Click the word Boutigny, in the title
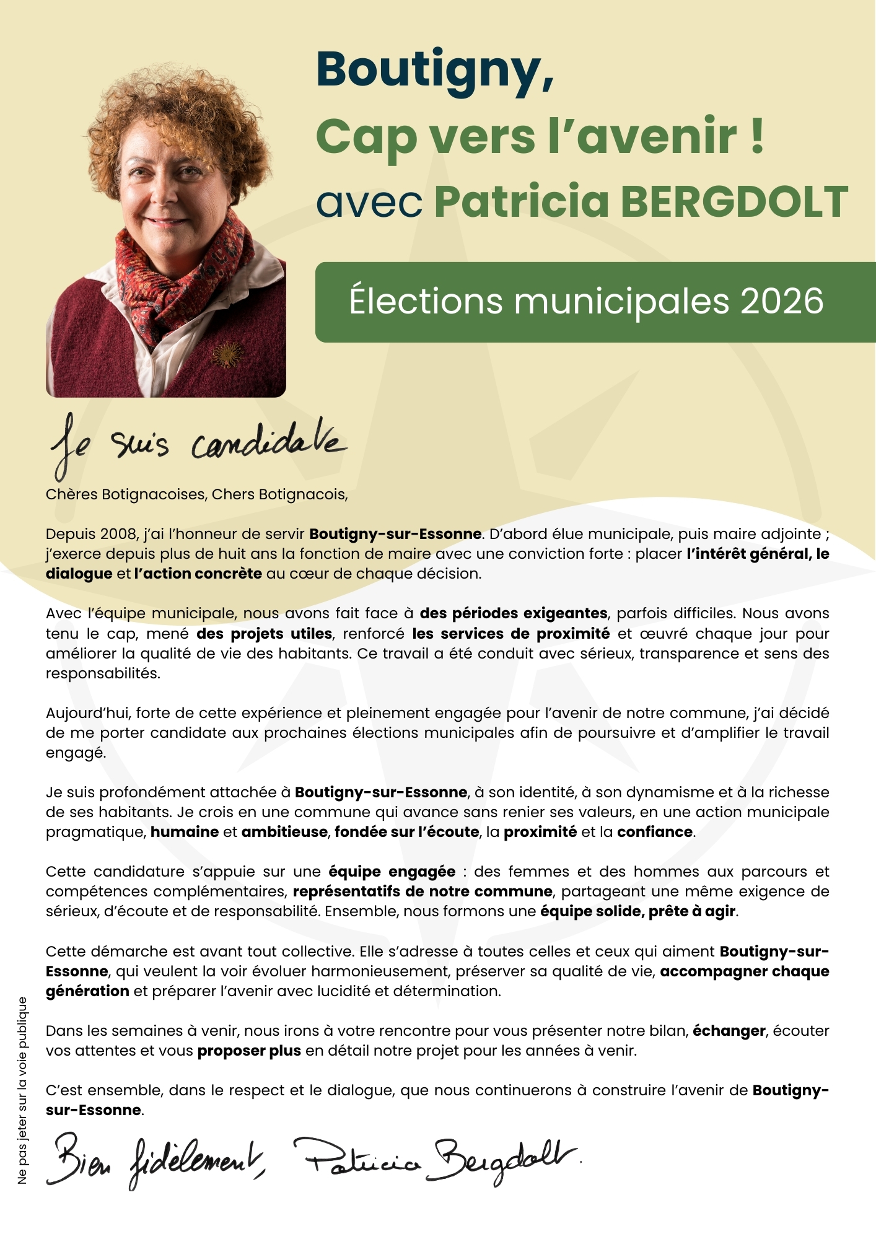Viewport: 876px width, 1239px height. [x=434, y=71]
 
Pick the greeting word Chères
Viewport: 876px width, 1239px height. [x=71, y=494]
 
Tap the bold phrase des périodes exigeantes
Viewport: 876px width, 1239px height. [x=514, y=613]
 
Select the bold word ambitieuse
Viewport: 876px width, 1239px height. [x=284, y=832]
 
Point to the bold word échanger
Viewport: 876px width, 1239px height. [x=729, y=1031]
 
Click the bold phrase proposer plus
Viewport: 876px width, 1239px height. [x=249, y=1051]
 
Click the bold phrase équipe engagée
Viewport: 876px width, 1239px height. [x=392, y=872]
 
